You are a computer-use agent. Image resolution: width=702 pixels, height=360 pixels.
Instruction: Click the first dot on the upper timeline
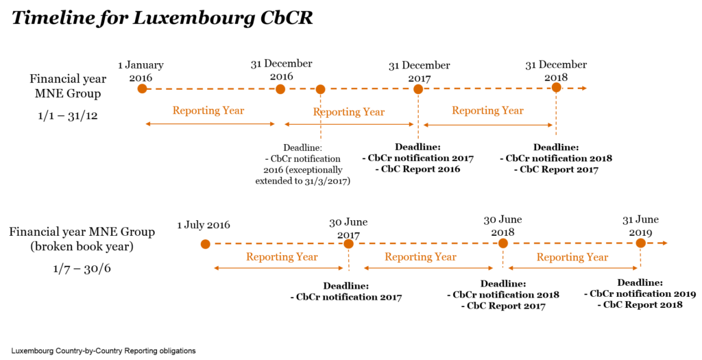(x=142, y=88)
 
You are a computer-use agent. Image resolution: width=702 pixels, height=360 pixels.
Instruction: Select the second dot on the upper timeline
(x=280, y=88)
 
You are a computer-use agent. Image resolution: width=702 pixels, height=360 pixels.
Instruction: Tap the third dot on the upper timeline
(x=320, y=89)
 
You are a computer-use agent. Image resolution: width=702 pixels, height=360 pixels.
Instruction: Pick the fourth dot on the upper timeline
(x=418, y=89)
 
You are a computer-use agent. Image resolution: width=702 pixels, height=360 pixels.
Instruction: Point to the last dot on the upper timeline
(x=556, y=87)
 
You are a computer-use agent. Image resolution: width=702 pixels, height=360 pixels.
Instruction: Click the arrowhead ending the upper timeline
(x=583, y=88)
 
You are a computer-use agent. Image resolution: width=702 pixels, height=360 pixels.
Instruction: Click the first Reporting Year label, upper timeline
(x=208, y=110)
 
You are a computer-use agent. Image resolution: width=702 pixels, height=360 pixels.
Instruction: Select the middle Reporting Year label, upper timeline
(x=349, y=112)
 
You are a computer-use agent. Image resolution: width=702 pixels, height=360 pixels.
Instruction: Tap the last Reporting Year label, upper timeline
(x=487, y=110)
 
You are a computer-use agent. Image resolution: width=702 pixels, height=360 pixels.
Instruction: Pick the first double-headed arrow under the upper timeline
(x=210, y=124)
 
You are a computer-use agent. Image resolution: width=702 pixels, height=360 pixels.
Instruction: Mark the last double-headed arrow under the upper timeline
(x=488, y=125)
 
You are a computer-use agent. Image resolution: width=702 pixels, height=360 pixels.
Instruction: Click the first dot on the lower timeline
(x=205, y=244)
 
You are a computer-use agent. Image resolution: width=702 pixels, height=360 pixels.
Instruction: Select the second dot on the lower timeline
(x=348, y=243)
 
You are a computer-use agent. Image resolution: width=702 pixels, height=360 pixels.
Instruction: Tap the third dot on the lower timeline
(x=503, y=243)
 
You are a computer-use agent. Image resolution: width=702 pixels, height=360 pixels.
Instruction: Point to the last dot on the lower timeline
(x=640, y=243)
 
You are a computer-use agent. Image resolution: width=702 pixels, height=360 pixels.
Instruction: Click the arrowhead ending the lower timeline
(x=664, y=243)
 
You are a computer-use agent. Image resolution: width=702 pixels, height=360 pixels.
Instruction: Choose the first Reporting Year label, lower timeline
(x=282, y=257)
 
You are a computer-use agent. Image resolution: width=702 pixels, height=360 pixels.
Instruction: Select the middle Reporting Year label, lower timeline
(x=420, y=257)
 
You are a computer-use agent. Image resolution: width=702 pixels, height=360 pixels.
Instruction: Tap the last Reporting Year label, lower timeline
(x=572, y=257)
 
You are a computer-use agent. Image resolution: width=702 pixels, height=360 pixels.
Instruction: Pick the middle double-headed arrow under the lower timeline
(x=428, y=268)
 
